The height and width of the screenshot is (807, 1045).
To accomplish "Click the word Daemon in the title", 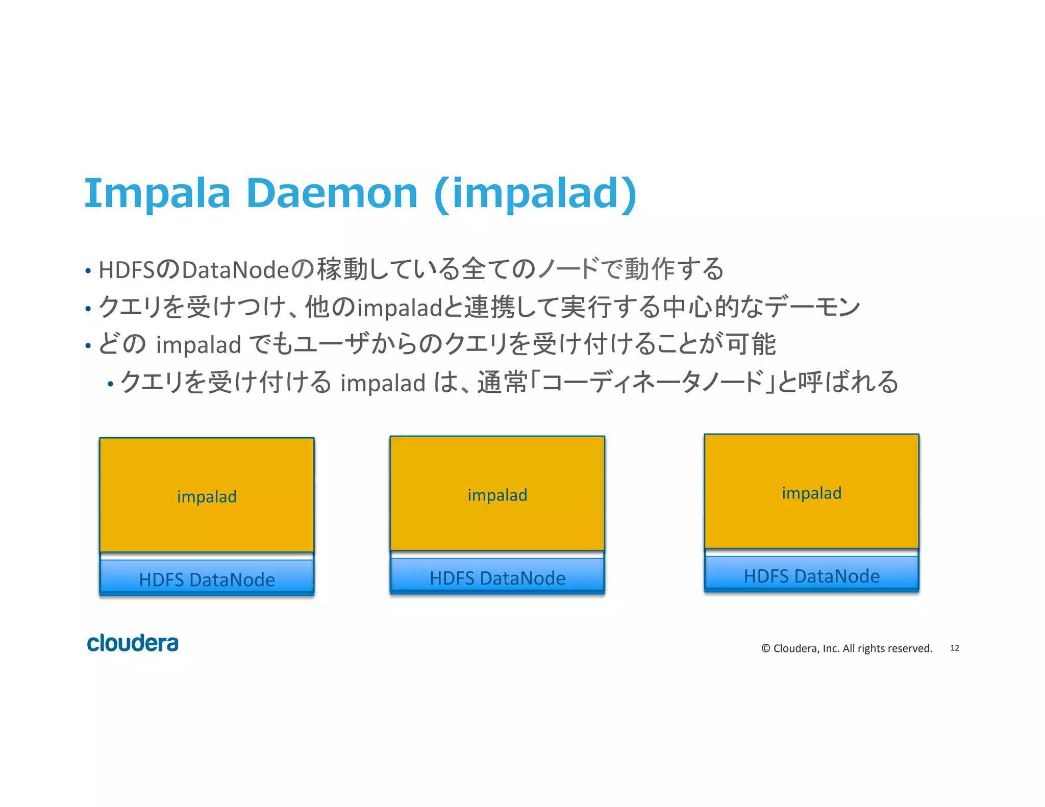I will tap(332, 194).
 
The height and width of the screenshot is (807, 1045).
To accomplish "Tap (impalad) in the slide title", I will tap(535, 194).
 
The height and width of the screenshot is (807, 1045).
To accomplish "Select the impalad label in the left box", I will tap(207, 496).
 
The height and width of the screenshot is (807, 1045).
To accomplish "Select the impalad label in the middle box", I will tap(497, 495).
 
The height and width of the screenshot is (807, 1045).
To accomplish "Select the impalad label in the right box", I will tap(811, 493).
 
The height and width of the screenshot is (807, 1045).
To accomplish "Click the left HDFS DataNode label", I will tap(207, 579).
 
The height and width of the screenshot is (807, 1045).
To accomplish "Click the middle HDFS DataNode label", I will tap(497, 578).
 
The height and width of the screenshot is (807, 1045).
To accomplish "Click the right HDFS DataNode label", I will tap(811, 576).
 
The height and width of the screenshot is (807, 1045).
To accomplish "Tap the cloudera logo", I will tap(133, 643).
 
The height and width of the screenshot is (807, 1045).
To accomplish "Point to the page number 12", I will tap(954, 648).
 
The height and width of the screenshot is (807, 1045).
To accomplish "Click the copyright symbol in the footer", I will tap(765, 648).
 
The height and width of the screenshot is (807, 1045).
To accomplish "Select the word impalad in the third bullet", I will tap(198, 345).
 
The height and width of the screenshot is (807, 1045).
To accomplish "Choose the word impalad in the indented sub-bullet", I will tap(383, 383).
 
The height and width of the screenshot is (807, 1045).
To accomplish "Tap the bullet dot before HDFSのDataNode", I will tap(88, 271).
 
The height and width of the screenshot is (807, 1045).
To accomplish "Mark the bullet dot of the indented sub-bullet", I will tap(110, 384).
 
